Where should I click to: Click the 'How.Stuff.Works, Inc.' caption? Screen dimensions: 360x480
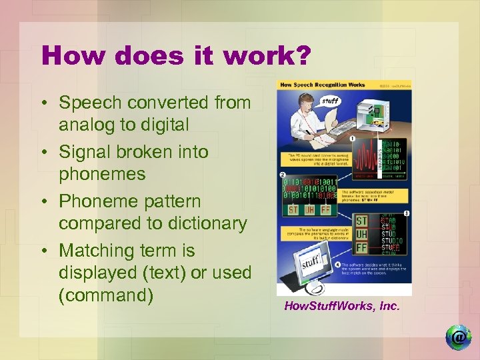tap(342, 307)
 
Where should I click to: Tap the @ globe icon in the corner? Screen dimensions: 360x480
tap(458, 337)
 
